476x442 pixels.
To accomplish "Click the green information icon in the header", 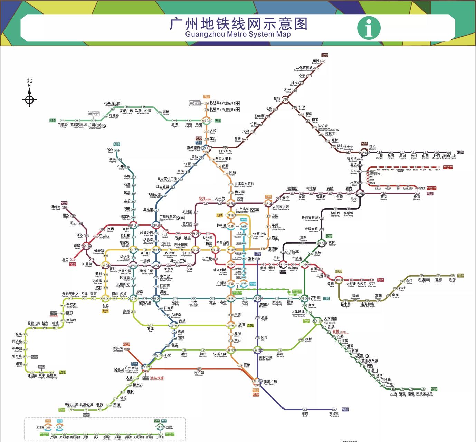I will click(x=369, y=27).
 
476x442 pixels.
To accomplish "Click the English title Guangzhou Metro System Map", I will click(x=238, y=34).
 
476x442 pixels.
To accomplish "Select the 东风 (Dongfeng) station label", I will click(x=316, y=61).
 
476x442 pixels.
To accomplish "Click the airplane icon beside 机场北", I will click(x=238, y=103).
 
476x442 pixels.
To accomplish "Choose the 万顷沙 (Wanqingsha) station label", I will click(x=334, y=414).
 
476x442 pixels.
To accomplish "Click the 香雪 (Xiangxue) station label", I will click(x=417, y=197).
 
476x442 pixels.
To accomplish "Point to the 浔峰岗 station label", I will click(x=56, y=208).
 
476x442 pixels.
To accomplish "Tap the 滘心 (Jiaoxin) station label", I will click(x=110, y=150).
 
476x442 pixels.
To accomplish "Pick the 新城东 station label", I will click(x=51, y=376).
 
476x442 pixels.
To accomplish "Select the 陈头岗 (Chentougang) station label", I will click(x=117, y=349).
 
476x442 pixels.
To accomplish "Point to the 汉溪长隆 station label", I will click(x=220, y=355).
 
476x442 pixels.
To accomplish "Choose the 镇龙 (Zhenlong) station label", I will click(x=372, y=147).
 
